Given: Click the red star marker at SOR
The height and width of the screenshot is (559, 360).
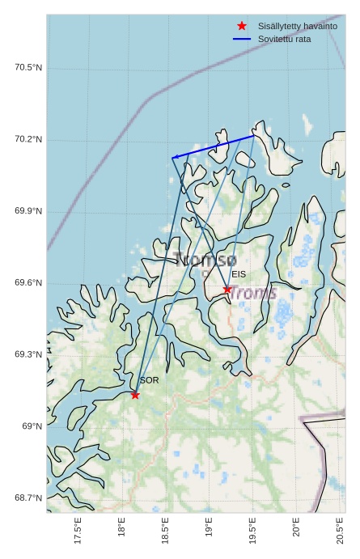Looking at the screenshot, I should coord(135,395).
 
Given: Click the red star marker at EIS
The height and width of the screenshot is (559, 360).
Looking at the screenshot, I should coord(227,289).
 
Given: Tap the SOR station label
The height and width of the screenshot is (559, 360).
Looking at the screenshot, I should coord(149,380).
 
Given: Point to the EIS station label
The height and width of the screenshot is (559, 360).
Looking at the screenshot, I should coord(238,274).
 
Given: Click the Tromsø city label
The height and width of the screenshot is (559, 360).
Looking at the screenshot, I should coord(205,260).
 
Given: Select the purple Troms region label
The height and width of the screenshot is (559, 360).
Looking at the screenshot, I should coord(253,293).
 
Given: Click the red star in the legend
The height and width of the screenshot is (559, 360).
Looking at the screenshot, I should coord(242,26).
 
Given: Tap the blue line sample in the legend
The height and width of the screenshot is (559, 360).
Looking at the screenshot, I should coord(242,39).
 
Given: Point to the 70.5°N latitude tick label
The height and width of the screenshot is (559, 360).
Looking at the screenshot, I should coord(28,68).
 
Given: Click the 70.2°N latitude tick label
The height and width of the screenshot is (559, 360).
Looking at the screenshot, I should coord(28,140).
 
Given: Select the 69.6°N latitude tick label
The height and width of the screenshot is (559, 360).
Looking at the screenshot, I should coord(28,283).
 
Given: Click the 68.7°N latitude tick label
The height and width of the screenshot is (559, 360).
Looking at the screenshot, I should coord(28,498).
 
